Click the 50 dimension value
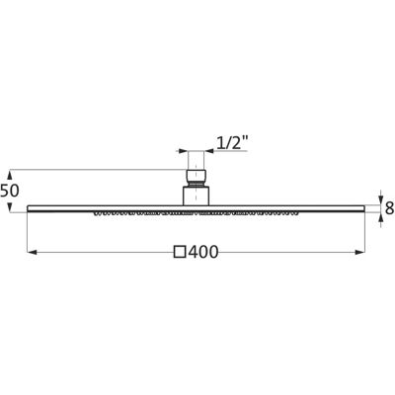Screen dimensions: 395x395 tap(10, 191)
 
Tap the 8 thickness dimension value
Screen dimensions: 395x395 tap(389, 208)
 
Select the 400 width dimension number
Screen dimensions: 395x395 tap(203, 253)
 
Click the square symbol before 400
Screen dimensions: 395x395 tap(181, 252)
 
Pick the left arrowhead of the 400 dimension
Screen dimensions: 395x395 tap(32, 253)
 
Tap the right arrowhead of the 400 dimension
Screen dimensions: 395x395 tap(360, 253)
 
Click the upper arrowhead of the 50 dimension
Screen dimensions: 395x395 tap(10, 175)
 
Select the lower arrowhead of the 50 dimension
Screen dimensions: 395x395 tap(10, 207)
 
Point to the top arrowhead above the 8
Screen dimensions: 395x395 tap(381, 200)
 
